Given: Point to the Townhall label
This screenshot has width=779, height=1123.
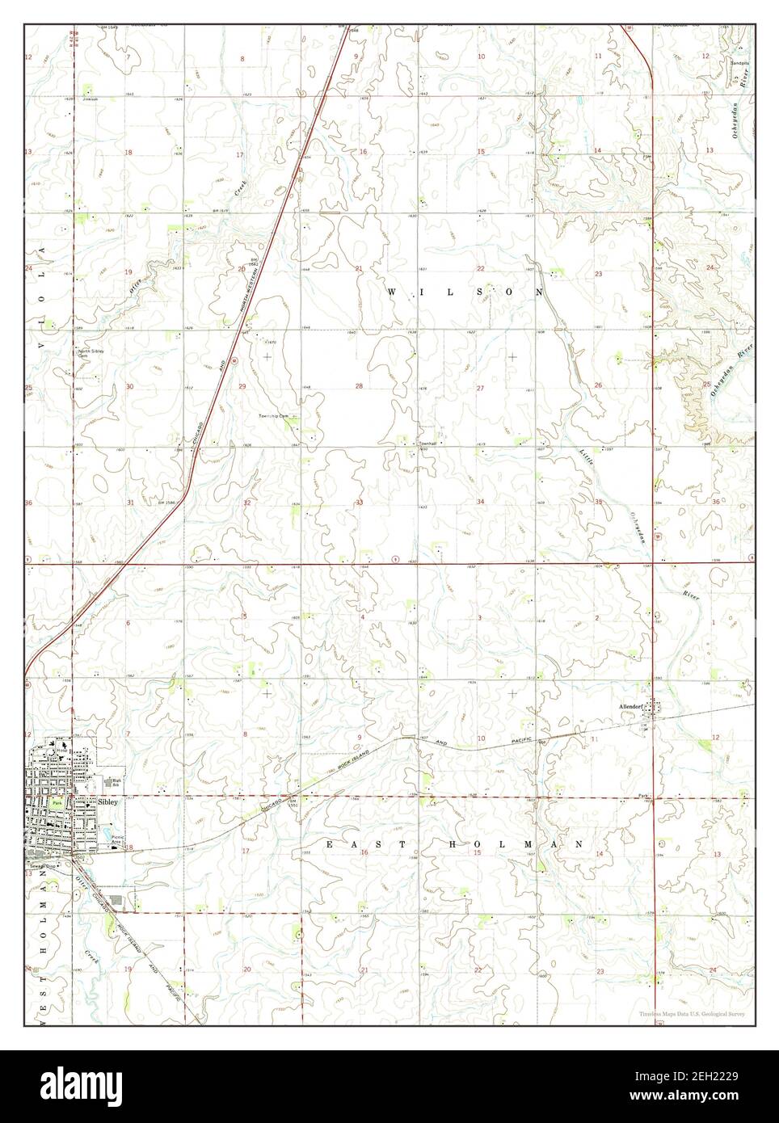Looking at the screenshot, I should (427, 444).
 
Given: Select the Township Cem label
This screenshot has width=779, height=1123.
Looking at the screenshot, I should (279, 414).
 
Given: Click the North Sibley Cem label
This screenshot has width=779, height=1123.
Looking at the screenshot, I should (90, 353).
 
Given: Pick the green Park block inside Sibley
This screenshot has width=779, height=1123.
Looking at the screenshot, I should (57, 805).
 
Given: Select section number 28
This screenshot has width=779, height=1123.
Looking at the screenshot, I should (359, 387).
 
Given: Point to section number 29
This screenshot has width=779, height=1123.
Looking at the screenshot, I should (242, 387).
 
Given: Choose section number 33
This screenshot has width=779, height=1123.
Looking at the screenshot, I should (359, 503).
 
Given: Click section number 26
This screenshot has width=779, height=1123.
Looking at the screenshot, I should (598, 385).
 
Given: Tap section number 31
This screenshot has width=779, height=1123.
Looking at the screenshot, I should (129, 503).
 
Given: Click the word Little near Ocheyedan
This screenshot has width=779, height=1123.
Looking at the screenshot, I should (587, 458).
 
